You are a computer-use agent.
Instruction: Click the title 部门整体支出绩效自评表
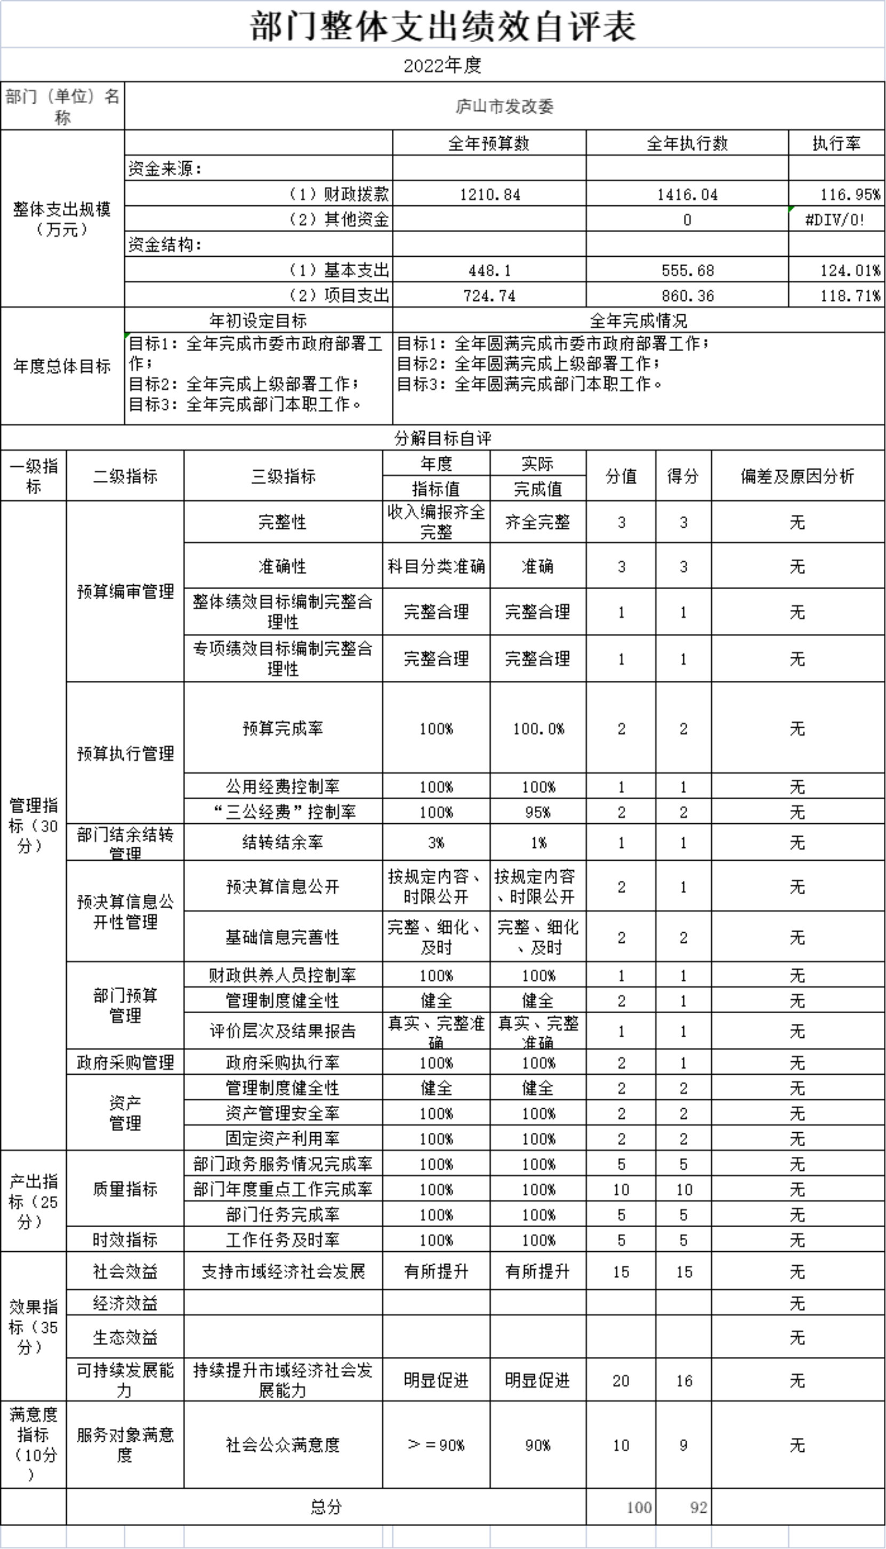coord(443,27)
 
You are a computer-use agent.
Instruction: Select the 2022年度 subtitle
coord(442,65)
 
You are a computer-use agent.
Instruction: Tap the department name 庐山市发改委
coord(504,107)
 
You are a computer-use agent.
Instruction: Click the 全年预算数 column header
coord(489,144)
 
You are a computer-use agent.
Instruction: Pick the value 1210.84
coord(490,195)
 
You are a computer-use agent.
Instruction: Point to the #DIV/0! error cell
coord(835,220)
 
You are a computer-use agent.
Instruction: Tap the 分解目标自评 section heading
coord(442,438)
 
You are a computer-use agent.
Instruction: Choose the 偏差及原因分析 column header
coord(797,476)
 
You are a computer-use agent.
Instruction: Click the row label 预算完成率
coord(283,728)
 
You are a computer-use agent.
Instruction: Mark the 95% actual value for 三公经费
coord(538,812)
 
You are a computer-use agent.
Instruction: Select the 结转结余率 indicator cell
coord(283,843)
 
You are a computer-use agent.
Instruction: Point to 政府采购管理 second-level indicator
coord(125,1063)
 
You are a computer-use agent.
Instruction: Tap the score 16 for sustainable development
coord(684,1381)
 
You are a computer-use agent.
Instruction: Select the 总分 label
coord(326,1507)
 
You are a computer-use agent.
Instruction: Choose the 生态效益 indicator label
coord(125,1337)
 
